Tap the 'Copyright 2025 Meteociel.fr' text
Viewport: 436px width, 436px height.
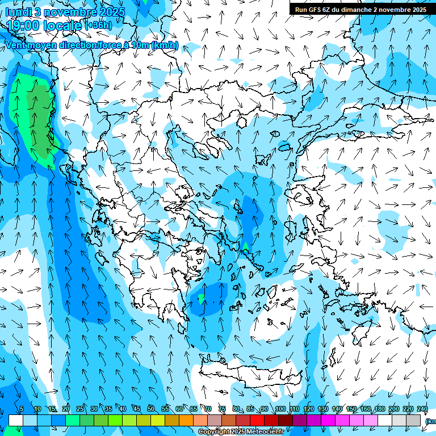pyautogui.click(x=241, y=432)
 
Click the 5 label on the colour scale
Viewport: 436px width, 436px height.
pyautogui.click(x=22, y=409)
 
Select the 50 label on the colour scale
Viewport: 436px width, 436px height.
pyautogui.click(x=151, y=409)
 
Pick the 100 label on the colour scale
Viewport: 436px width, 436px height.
pyautogui.click(x=280, y=409)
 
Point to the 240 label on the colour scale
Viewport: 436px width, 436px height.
pyautogui.click(x=422, y=409)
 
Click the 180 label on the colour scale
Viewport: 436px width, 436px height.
pyautogui.click(x=379, y=409)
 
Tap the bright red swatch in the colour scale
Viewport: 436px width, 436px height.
pyautogui.click(x=257, y=420)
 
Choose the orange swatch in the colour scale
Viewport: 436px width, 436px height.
pyautogui.click(x=186, y=420)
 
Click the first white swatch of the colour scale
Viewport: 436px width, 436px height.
pyautogui.click(x=16, y=420)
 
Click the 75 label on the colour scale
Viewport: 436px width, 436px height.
pyautogui.click(x=222, y=409)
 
